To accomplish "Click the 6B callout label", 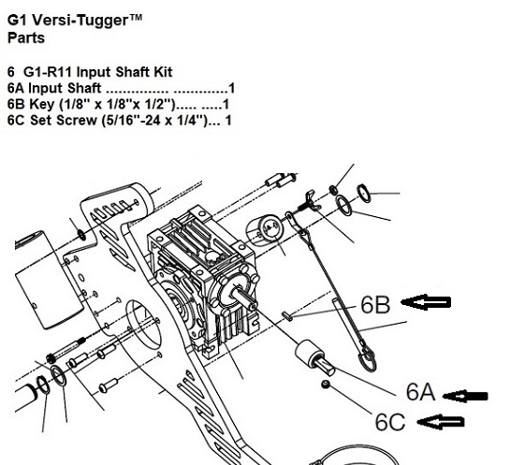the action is pyautogui.click(x=375, y=305).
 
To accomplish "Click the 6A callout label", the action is pyautogui.click(x=420, y=392).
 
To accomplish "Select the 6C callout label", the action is pyautogui.click(x=390, y=422).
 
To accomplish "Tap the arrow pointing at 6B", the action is pyautogui.click(x=426, y=302).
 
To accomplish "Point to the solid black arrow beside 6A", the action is pyautogui.click(x=465, y=396).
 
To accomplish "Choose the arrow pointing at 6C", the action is pyautogui.click(x=441, y=422).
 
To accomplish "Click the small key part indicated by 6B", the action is pyautogui.click(x=287, y=316).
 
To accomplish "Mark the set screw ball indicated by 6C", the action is pyautogui.click(x=326, y=385).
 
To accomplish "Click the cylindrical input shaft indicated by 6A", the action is pyautogui.click(x=314, y=357).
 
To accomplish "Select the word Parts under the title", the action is pyautogui.click(x=26, y=37).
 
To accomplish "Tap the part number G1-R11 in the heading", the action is pyautogui.click(x=48, y=72).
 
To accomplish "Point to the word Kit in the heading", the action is pyautogui.click(x=163, y=72).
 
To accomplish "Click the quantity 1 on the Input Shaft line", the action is pyautogui.click(x=231, y=88).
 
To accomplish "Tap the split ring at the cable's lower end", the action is pyautogui.click(x=368, y=358).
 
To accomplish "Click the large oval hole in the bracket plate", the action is pyautogui.click(x=143, y=325).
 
